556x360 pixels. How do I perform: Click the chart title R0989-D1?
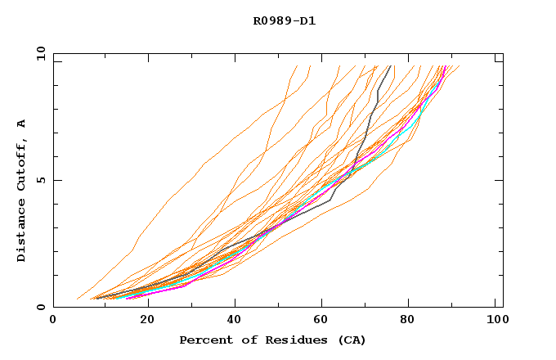click(x=285, y=20)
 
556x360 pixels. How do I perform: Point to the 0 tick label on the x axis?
click(x=53, y=322)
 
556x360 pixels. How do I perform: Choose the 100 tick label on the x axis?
click(x=495, y=322)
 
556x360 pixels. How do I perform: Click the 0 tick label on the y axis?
click(x=41, y=308)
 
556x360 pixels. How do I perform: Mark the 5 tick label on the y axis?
click(x=41, y=180)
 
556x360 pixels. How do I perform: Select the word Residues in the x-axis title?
click(x=285, y=340)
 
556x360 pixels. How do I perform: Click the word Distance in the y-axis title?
click(x=22, y=231)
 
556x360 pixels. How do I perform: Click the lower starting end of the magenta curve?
click(x=127, y=299)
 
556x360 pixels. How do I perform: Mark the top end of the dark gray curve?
click(x=391, y=65)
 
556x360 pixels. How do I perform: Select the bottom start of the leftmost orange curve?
click(x=77, y=299)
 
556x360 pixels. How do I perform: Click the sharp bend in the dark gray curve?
click(x=330, y=200)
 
